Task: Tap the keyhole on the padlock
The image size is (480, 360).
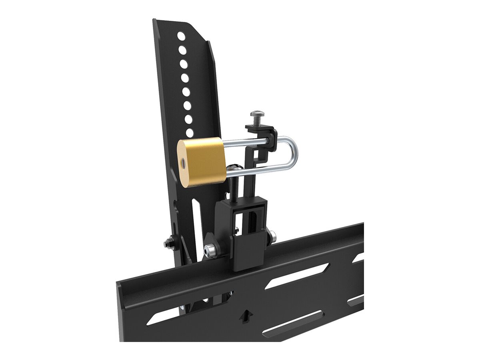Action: pos(182,163)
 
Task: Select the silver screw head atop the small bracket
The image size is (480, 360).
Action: pos(256,115)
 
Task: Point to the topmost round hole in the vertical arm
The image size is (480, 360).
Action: pos(181,36)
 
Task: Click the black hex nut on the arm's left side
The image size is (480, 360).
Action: pos(168,243)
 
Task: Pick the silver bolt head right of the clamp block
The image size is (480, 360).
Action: pos(272,236)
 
